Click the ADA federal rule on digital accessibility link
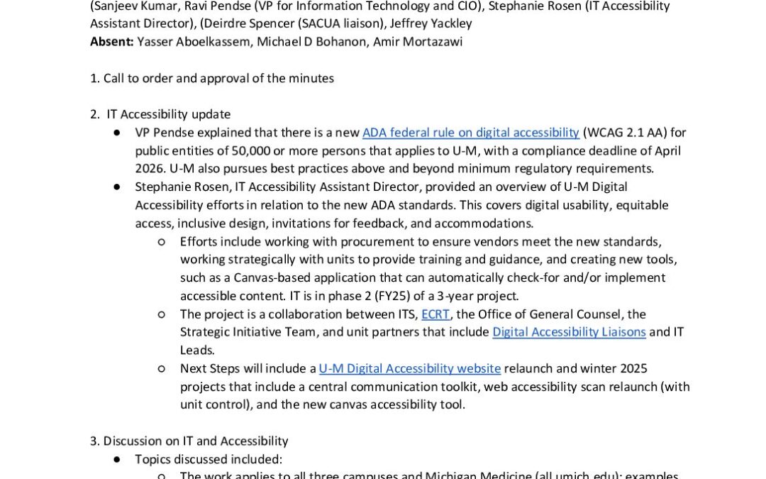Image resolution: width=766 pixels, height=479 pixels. click(x=471, y=133)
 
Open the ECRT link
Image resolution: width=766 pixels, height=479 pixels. click(x=435, y=314)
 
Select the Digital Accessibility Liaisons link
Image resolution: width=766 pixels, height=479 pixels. click(x=569, y=332)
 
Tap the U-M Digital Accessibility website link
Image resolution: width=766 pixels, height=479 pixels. click(x=410, y=368)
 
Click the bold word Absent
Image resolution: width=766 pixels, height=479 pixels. click(x=112, y=42)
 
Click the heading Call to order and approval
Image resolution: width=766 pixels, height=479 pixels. click(x=218, y=78)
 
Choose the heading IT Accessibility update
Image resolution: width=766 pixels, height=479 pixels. click(x=169, y=114)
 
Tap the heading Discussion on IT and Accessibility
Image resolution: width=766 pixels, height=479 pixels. click(x=196, y=441)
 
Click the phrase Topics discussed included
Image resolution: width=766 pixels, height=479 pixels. click(x=209, y=459)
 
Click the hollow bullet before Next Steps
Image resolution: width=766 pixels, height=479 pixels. click(x=162, y=368)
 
